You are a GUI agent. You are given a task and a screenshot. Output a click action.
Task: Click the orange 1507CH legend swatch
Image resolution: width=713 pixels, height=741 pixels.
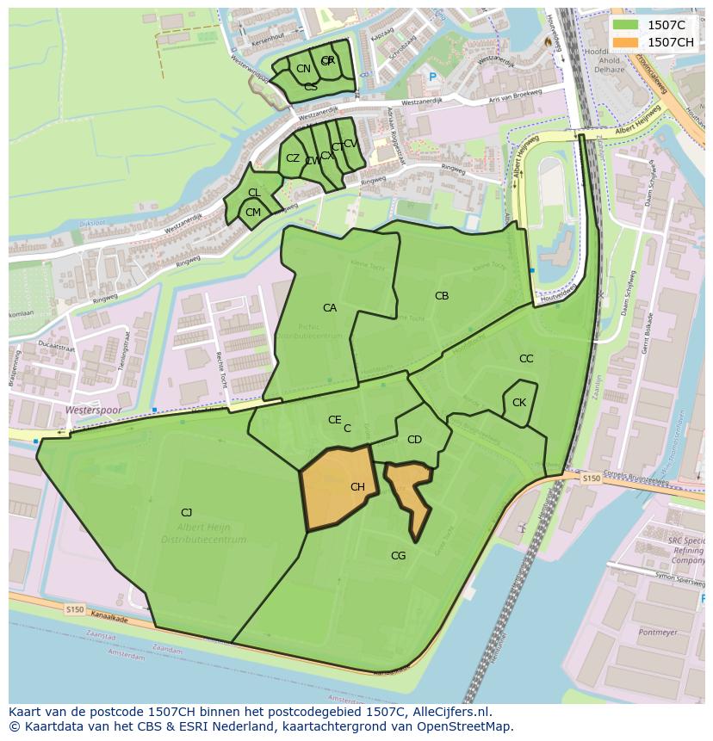click(626, 42)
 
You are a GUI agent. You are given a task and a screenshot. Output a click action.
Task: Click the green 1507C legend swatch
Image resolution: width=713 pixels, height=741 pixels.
click(626, 25)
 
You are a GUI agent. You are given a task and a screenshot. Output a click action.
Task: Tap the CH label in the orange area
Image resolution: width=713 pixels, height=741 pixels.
click(357, 487)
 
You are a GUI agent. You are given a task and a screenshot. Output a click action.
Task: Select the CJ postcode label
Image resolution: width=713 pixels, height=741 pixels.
click(186, 513)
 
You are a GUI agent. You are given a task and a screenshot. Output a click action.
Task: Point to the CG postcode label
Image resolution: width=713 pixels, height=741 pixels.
click(398, 556)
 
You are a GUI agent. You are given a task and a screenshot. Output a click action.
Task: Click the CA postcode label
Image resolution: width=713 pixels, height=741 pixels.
click(330, 308)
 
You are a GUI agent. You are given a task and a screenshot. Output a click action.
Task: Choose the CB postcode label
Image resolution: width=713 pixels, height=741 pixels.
click(442, 296)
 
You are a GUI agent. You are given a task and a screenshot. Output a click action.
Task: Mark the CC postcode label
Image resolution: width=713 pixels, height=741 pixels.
click(526, 359)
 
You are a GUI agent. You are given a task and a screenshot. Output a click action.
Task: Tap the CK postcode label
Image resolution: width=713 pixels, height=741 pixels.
click(519, 403)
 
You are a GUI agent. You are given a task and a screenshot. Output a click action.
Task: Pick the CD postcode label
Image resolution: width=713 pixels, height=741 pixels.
click(414, 440)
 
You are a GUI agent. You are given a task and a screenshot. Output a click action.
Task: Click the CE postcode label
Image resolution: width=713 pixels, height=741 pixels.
click(334, 420)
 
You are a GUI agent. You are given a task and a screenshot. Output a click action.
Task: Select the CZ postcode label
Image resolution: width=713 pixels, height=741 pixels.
click(293, 158)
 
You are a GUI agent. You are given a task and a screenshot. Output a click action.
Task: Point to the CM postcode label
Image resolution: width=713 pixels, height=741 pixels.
click(253, 213)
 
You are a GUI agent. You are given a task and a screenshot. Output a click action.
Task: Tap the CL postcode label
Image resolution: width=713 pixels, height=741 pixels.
click(254, 193)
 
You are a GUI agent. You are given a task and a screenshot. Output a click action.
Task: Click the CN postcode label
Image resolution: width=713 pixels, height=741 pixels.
click(303, 69)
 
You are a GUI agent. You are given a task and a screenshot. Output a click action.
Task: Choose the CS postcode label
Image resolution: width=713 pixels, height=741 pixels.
click(311, 87)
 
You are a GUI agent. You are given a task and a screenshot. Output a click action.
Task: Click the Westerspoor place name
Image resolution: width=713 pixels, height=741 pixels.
click(93, 411)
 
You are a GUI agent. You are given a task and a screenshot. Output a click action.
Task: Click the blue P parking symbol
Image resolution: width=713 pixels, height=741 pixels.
click(433, 77)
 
